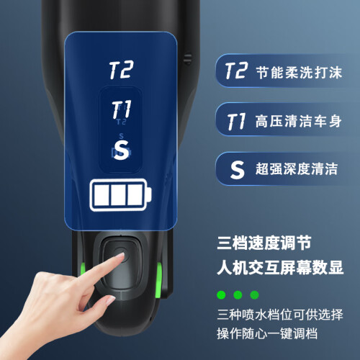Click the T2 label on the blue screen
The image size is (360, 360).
tap(121, 70)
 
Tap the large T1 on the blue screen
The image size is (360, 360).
tap(122, 109)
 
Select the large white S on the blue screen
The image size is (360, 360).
tap(121, 150)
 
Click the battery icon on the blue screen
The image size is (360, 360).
tap(120, 195)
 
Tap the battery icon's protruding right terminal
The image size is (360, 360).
tap(149, 195)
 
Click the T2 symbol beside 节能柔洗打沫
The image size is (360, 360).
tap(236, 71)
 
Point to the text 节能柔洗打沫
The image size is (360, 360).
tap(299, 72)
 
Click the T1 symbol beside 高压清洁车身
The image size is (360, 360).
tap(236, 121)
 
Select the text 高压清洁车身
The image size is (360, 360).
tap(298, 121)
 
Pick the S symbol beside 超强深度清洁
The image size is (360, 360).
tap(237, 169)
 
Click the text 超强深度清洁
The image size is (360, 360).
tap(297, 168)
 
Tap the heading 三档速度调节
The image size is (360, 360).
tap(264, 243)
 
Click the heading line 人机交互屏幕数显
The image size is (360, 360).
tap(280, 267)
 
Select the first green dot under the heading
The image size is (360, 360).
tap(221, 294)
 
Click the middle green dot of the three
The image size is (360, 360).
tap(238, 294)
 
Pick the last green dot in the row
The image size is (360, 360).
tap(254, 294)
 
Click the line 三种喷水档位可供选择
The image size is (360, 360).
tap(280, 314)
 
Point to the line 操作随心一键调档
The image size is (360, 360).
tap(267, 333)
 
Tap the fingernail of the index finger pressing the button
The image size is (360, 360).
tap(120, 256)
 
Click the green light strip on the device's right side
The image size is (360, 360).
tap(159, 279)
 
